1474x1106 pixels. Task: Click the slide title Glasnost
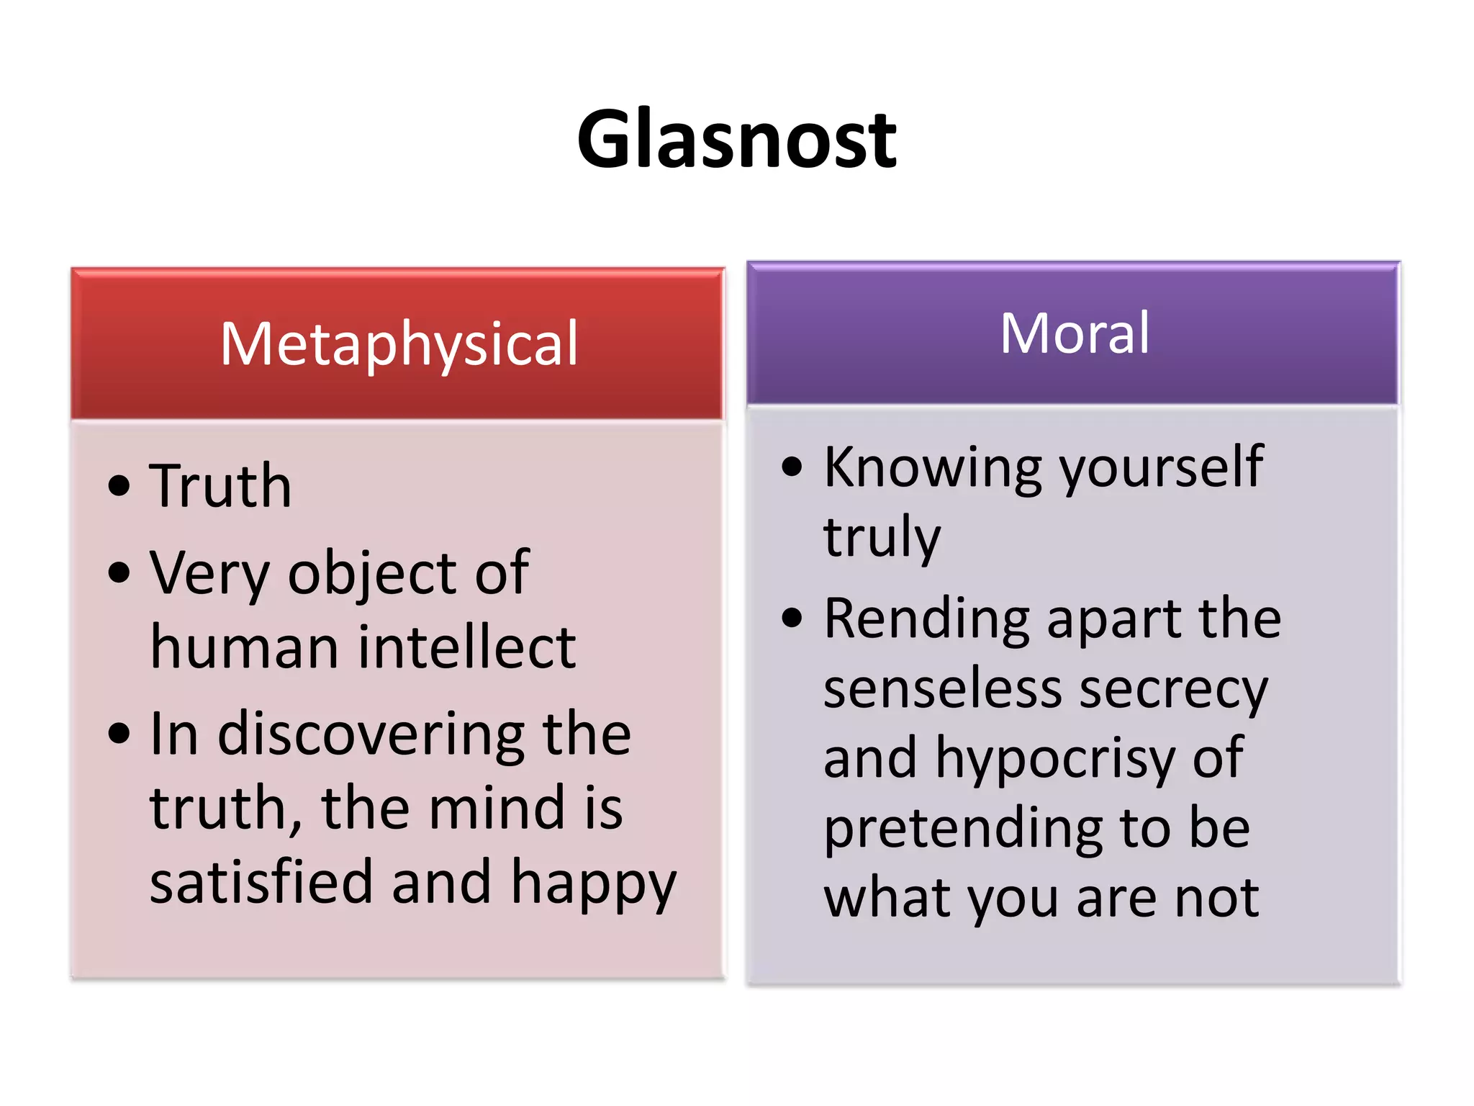pos(736,138)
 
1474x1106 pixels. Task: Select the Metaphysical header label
pos(399,343)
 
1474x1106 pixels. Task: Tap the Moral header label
pos(1075,333)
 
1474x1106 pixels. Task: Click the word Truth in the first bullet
pos(220,486)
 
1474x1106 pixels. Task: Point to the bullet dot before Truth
pos(119,486)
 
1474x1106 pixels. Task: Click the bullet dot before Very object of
pos(119,574)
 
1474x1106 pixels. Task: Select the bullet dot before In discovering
pos(119,734)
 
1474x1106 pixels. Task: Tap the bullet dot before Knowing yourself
pos(792,467)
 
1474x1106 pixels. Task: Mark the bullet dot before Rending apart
pos(792,618)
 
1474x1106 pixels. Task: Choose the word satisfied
pos(261,882)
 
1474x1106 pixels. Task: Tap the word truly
pos(882,537)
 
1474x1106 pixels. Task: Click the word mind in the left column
pos(497,808)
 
